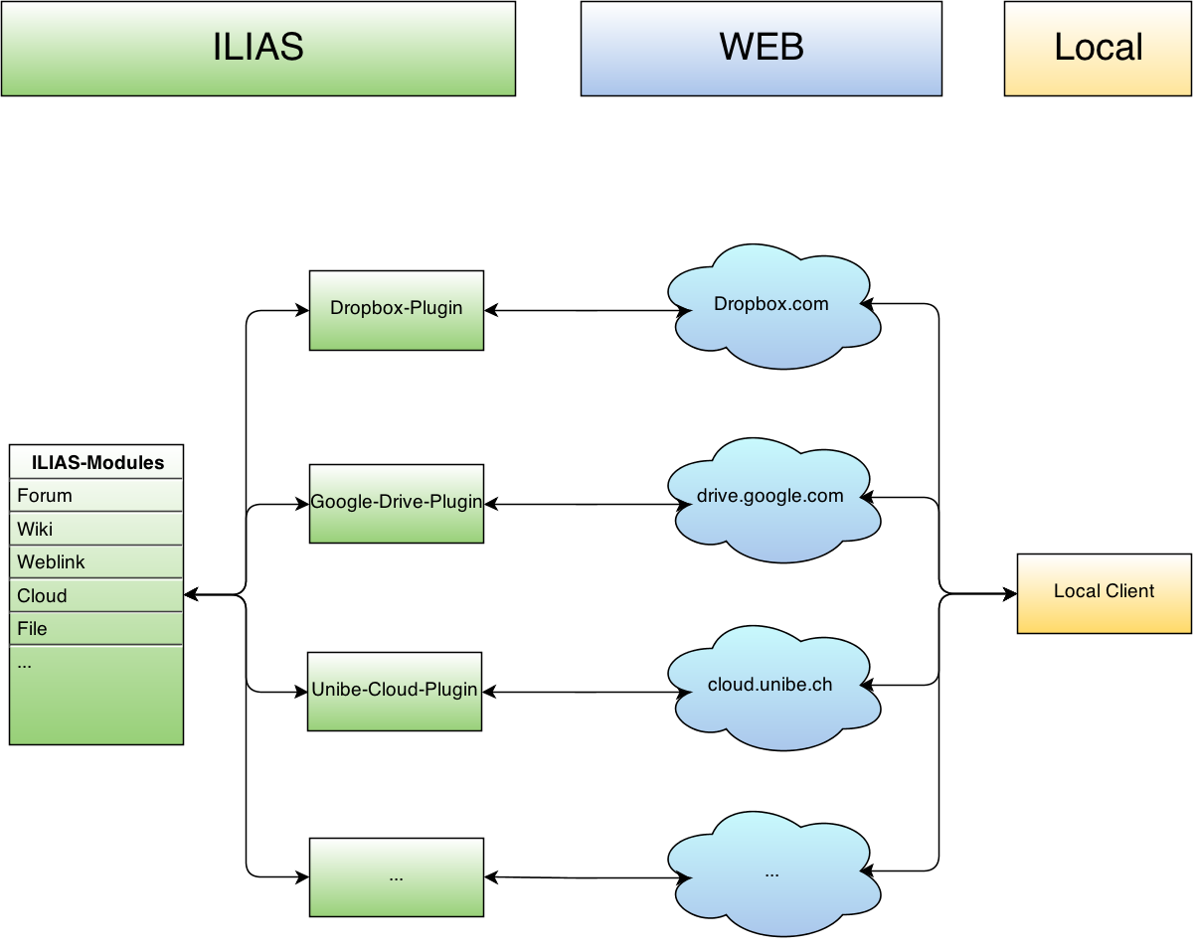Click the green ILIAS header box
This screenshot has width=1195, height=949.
tap(258, 49)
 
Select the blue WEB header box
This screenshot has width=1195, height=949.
tap(761, 49)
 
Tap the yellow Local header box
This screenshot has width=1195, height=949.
tap(1098, 49)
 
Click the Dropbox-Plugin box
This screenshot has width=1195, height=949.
tap(396, 310)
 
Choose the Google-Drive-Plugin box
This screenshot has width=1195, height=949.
tap(396, 504)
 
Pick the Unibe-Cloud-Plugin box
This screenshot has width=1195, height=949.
tap(395, 692)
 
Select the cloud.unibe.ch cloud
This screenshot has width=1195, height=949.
tap(772, 687)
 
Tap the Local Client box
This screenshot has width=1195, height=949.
tap(1104, 593)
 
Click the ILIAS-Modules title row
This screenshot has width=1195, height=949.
tap(96, 462)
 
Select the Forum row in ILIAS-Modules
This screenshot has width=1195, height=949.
tap(96, 496)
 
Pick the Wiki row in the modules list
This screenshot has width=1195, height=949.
tap(96, 529)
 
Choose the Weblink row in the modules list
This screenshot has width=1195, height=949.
tap(96, 562)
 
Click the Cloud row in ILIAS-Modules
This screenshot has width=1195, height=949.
tap(96, 596)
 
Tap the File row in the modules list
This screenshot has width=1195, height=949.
tap(96, 629)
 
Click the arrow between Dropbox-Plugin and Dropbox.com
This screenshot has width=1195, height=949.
tap(587, 311)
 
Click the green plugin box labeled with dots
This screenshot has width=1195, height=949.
tap(396, 877)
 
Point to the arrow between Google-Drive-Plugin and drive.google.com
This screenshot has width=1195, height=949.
tap(587, 505)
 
